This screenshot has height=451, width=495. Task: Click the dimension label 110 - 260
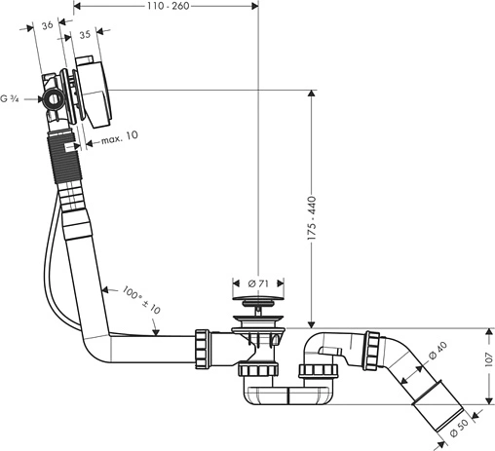click(x=168, y=6)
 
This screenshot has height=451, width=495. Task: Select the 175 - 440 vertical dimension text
click(x=312, y=218)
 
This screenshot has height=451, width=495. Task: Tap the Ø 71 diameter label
click(x=258, y=283)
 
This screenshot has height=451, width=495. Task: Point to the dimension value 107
click(x=489, y=360)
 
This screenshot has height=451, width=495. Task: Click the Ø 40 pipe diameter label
click(x=438, y=351)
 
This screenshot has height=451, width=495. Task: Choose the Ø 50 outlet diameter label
click(x=459, y=428)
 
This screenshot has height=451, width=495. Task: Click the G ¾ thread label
click(x=10, y=98)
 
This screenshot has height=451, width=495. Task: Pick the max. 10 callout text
click(x=120, y=137)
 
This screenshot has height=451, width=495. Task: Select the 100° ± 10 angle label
click(x=141, y=300)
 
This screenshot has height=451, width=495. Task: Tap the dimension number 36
click(x=48, y=25)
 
